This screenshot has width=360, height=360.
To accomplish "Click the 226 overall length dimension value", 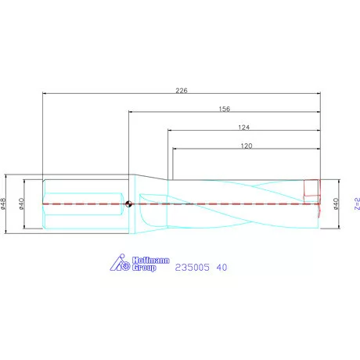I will pos(182,91).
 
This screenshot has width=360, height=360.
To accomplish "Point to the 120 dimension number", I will pos(246,146).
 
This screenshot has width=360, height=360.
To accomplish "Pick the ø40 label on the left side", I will pos(23,203).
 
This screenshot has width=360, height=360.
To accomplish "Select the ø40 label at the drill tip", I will pos(337,203).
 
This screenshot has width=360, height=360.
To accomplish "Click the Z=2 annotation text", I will pos(356,203).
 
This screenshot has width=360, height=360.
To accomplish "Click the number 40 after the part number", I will pos(222,267).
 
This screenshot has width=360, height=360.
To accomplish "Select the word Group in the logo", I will pos(144,268).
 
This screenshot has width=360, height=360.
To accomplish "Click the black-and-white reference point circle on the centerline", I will pos(129,204).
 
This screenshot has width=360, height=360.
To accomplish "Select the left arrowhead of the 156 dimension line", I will pos(131,113).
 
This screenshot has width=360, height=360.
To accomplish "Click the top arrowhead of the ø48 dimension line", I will pos(8,176).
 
